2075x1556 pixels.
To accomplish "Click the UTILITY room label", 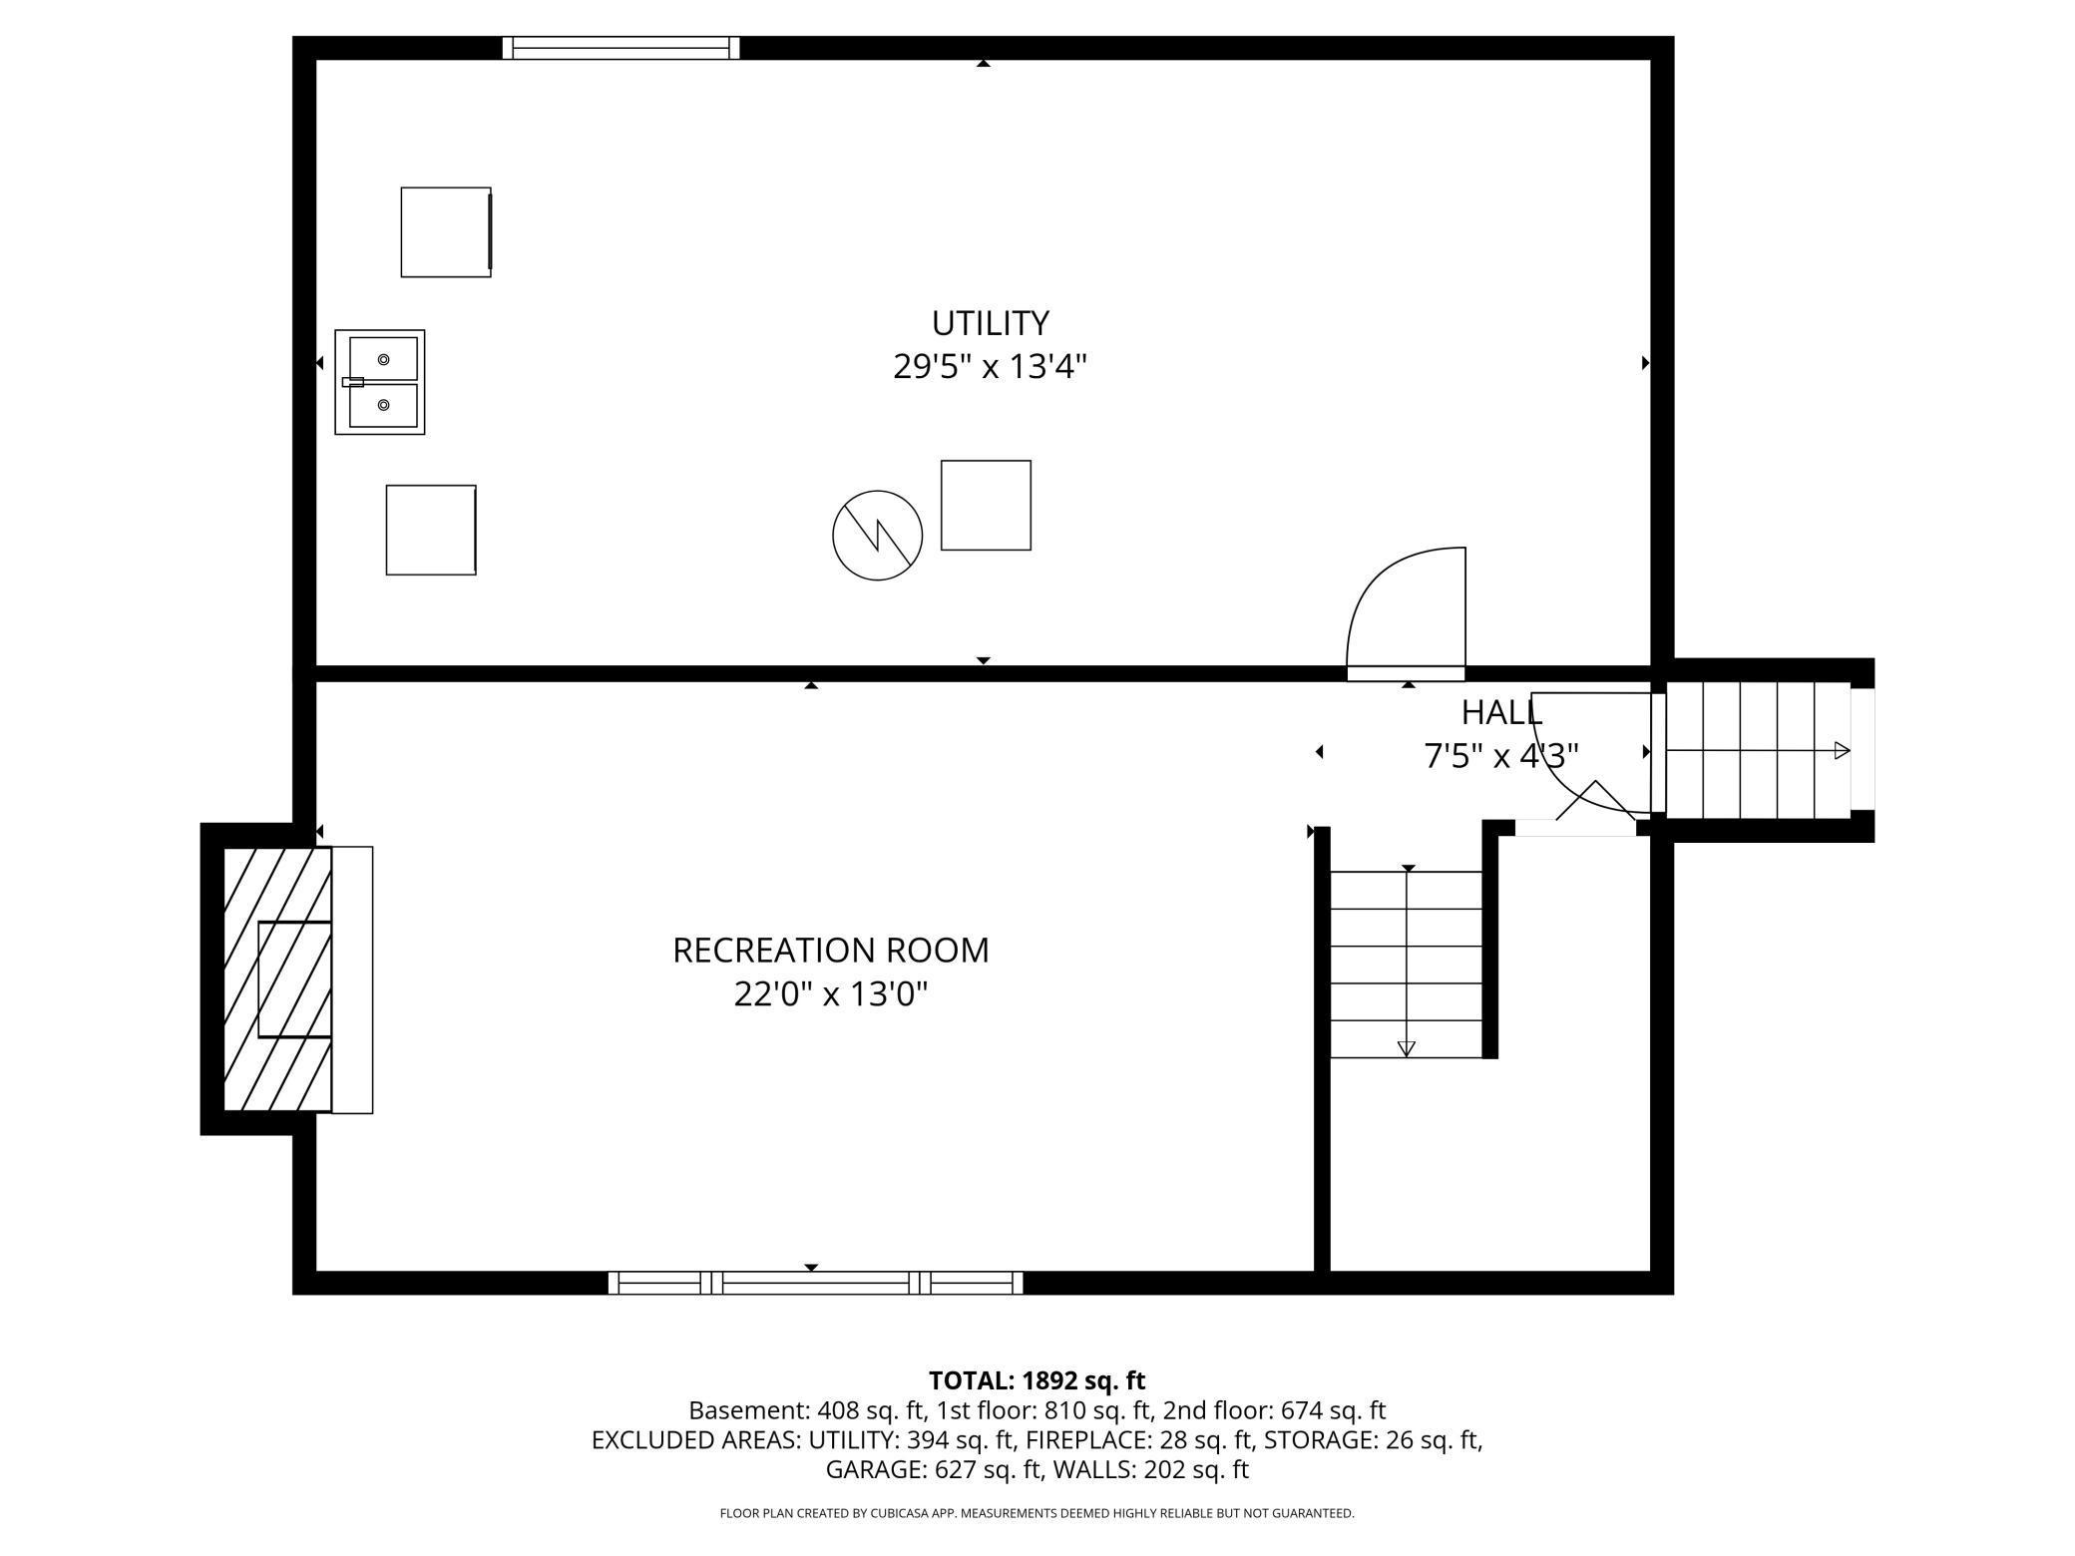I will click(990, 323).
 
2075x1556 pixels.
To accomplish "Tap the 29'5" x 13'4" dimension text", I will click(989, 367).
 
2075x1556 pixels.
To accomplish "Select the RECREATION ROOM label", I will click(830, 950).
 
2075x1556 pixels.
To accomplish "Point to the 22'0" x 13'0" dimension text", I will click(830, 994).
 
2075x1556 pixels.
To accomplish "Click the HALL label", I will click(1501, 712).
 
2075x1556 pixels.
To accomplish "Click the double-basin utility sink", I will click(380, 382).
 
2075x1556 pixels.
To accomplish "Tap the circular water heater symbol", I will click(877, 535).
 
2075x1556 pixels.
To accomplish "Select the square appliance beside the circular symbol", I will click(986, 505).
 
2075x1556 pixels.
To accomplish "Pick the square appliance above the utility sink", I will click(445, 231).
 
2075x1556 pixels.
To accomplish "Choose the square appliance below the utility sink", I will click(431, 530).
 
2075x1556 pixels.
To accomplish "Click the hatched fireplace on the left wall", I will click(276, 978).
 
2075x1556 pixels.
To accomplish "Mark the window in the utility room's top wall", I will click(621, 48).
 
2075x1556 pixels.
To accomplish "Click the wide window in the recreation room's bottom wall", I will click(815, 1283).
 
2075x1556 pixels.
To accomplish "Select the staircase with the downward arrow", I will click(1406, 964).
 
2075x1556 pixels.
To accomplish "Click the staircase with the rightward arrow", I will click(1758, 750).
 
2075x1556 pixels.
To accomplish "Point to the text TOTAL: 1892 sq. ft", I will click(1037, 1380).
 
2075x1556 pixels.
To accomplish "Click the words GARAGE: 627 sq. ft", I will click(932, 1469).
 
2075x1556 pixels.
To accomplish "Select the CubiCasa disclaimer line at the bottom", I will click(1037, 1513).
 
